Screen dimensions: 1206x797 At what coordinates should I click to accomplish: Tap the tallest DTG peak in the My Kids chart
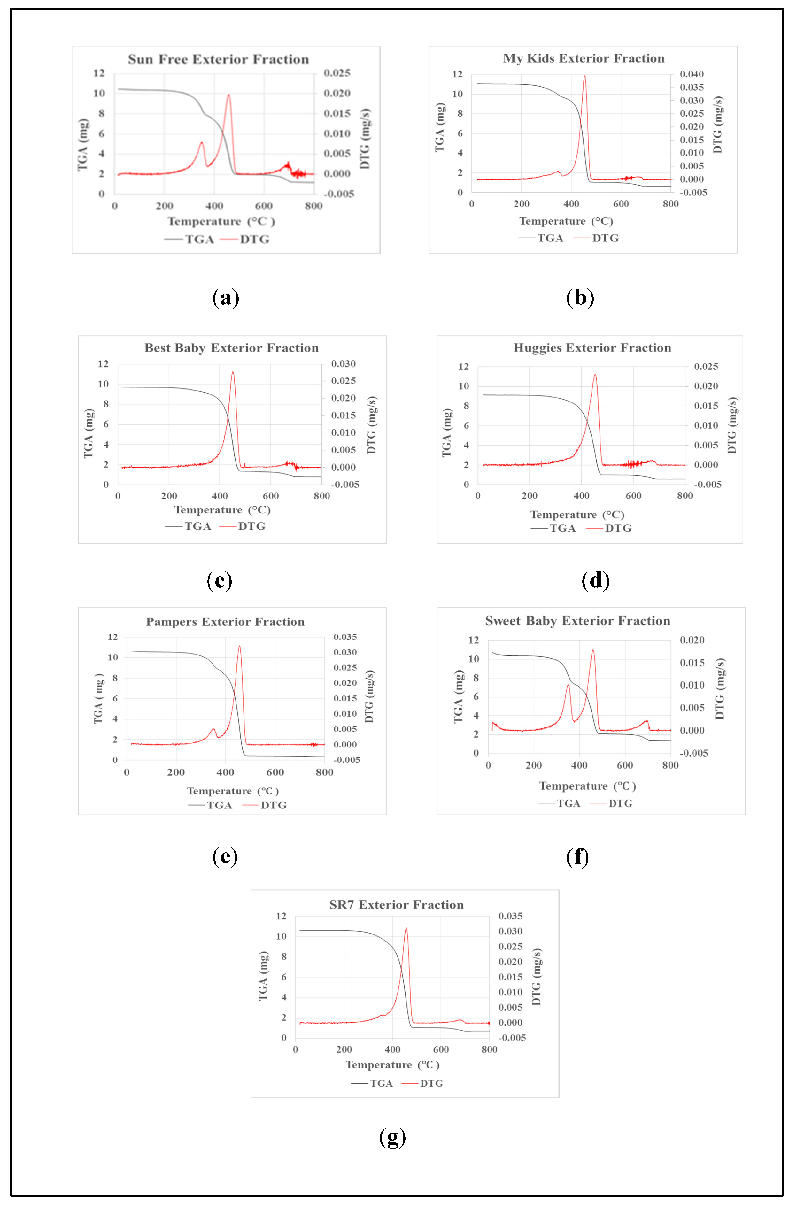click(584, 76)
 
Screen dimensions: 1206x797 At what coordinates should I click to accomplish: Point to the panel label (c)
click(220, 580)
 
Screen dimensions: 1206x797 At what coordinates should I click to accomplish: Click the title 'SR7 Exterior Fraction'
click(396, 905)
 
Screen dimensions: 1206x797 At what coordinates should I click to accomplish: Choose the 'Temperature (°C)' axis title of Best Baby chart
click(222, 510)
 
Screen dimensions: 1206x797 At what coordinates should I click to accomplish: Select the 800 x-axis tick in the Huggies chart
click(685, 496)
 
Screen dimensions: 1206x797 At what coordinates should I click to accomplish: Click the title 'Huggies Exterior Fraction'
click(592, 348)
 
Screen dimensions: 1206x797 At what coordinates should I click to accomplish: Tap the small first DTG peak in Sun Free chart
click(201, 143)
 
